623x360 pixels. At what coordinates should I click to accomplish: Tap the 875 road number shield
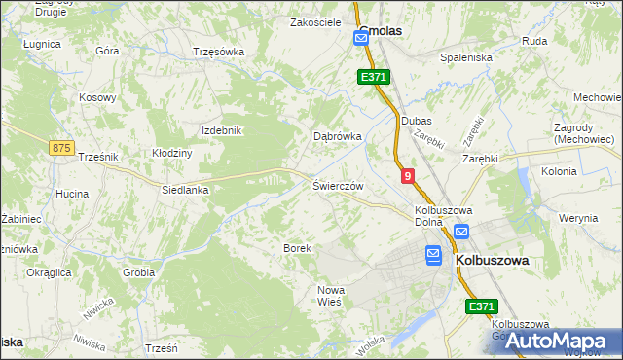[61, 147]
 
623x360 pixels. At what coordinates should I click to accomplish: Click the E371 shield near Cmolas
[374, 76]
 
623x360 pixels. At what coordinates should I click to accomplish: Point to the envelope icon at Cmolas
[361, 38]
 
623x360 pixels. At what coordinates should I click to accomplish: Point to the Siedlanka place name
[185, 191]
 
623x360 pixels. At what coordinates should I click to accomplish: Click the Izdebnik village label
[220, 130]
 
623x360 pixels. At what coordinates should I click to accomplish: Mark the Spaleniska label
[466, 57]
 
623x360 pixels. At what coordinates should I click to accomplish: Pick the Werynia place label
[579, 218]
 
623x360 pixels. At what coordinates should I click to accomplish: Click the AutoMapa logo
[558, 342]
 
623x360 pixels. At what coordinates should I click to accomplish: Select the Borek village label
[297, 248]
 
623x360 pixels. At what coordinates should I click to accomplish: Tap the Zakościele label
[315, 20]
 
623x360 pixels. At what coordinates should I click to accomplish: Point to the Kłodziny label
[172, 153]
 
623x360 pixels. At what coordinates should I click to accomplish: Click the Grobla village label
[138, 272]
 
